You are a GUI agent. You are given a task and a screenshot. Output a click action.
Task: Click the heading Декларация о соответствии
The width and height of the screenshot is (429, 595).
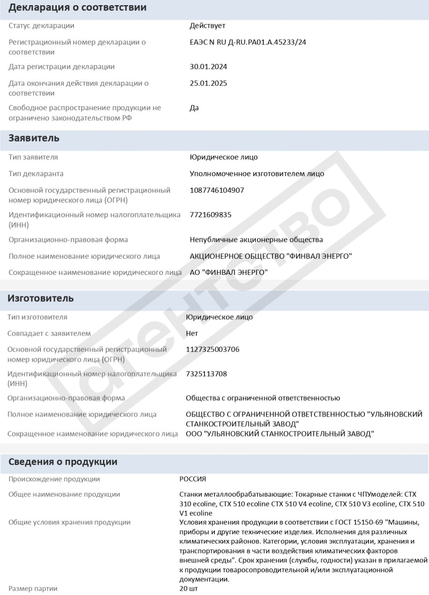click(x=77, y=8)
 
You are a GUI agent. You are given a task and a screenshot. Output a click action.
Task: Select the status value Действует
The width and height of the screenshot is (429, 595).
click(x=207, y=26)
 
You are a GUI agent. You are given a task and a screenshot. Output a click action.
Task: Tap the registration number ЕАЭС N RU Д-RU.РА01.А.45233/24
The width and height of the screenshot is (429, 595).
click(x=248, y=42)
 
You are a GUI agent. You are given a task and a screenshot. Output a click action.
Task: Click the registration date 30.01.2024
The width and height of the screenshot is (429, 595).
click(x=208, y=67)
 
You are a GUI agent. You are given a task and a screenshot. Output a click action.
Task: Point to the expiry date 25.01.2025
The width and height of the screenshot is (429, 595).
click(x=208, y=83)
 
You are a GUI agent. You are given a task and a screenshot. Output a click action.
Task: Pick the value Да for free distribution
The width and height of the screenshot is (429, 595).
click(x=194, y=108)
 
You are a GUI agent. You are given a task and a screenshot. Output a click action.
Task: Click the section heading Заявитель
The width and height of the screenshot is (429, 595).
click(x=34, y=138)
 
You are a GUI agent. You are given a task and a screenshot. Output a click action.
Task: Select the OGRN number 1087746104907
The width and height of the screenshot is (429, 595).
click(x=217, y=190)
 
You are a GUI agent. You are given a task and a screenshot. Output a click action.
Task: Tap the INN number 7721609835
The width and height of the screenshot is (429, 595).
click(x=211, y=215)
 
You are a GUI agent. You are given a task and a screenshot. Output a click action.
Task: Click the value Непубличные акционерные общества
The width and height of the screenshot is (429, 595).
click(x=256, y=240)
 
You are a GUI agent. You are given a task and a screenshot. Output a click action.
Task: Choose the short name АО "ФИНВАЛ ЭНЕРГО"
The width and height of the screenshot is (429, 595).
click(x=228, y=273)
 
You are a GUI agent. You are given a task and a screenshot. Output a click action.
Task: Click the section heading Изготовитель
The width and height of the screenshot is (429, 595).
click(x=41, y=298)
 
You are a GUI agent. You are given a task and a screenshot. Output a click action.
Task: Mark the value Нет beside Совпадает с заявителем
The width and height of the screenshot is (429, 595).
click(x=192, y=334)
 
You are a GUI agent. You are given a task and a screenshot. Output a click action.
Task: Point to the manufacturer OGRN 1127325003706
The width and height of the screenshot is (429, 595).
click(x=213, y=349)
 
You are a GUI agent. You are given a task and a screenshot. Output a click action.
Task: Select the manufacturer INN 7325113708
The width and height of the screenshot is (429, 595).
click(x=206, y=374)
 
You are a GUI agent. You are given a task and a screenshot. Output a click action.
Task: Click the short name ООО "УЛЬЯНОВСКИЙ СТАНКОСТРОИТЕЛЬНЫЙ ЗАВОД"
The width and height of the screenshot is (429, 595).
click(x=280, y=434)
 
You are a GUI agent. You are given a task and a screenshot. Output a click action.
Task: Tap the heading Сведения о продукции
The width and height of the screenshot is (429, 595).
click(x=63, y=462)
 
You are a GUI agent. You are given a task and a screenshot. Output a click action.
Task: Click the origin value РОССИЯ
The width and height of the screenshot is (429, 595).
click(x=193, y=479)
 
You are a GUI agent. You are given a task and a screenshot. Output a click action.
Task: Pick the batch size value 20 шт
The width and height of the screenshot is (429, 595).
click(x=188, y=589)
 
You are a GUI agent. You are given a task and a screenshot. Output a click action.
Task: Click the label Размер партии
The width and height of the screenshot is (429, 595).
click(x=33, y=589)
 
